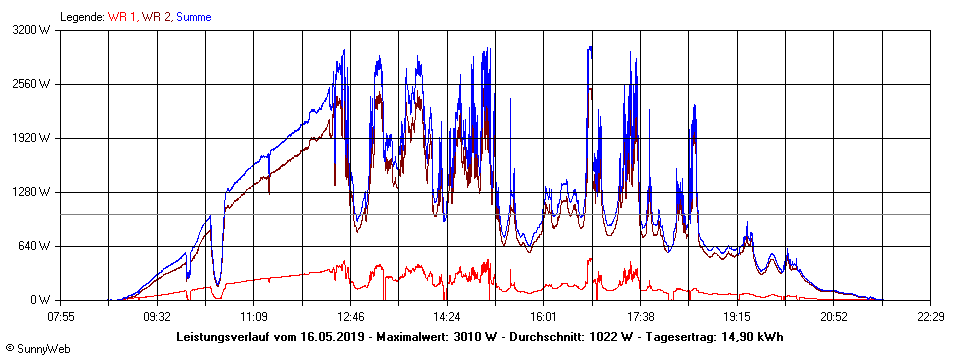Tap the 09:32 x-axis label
click(x=157, y=316)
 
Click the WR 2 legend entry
click(x=156, y=17)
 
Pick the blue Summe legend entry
click(x=194, y=17)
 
